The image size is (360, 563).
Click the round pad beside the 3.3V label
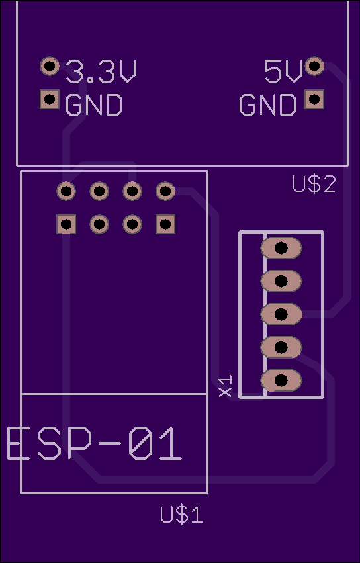(x=50, y=66)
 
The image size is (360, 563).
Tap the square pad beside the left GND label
(x=50, y=99)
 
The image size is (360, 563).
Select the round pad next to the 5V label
(x=314, y=66)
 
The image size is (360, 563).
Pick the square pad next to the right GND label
(x=314, y=99)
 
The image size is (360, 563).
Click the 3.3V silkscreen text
(x=101, y=71)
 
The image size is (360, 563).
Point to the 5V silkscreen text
(x=283, y=71)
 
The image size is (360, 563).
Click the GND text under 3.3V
(x=94, y=105)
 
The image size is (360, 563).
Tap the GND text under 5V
(x=267, y=105)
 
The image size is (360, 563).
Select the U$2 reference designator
(x=314, y=184)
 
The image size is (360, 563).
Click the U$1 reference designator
(x=181, y=514)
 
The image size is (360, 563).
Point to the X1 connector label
(x=226, y=386)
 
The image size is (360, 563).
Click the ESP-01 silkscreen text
(x=95, y=444)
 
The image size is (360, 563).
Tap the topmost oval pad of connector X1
(x=281, y=247)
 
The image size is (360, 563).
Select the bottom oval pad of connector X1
(x=281, y=380)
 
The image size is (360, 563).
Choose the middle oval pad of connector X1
(x=281, y=314)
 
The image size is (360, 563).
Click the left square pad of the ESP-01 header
(x=66, y=224)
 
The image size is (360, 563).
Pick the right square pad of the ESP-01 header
(x=165, y=224)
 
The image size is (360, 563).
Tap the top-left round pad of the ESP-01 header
(x=66, y=191)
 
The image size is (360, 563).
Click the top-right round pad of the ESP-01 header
(x=165, y=191)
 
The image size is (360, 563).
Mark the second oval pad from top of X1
(x=281, y=281)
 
